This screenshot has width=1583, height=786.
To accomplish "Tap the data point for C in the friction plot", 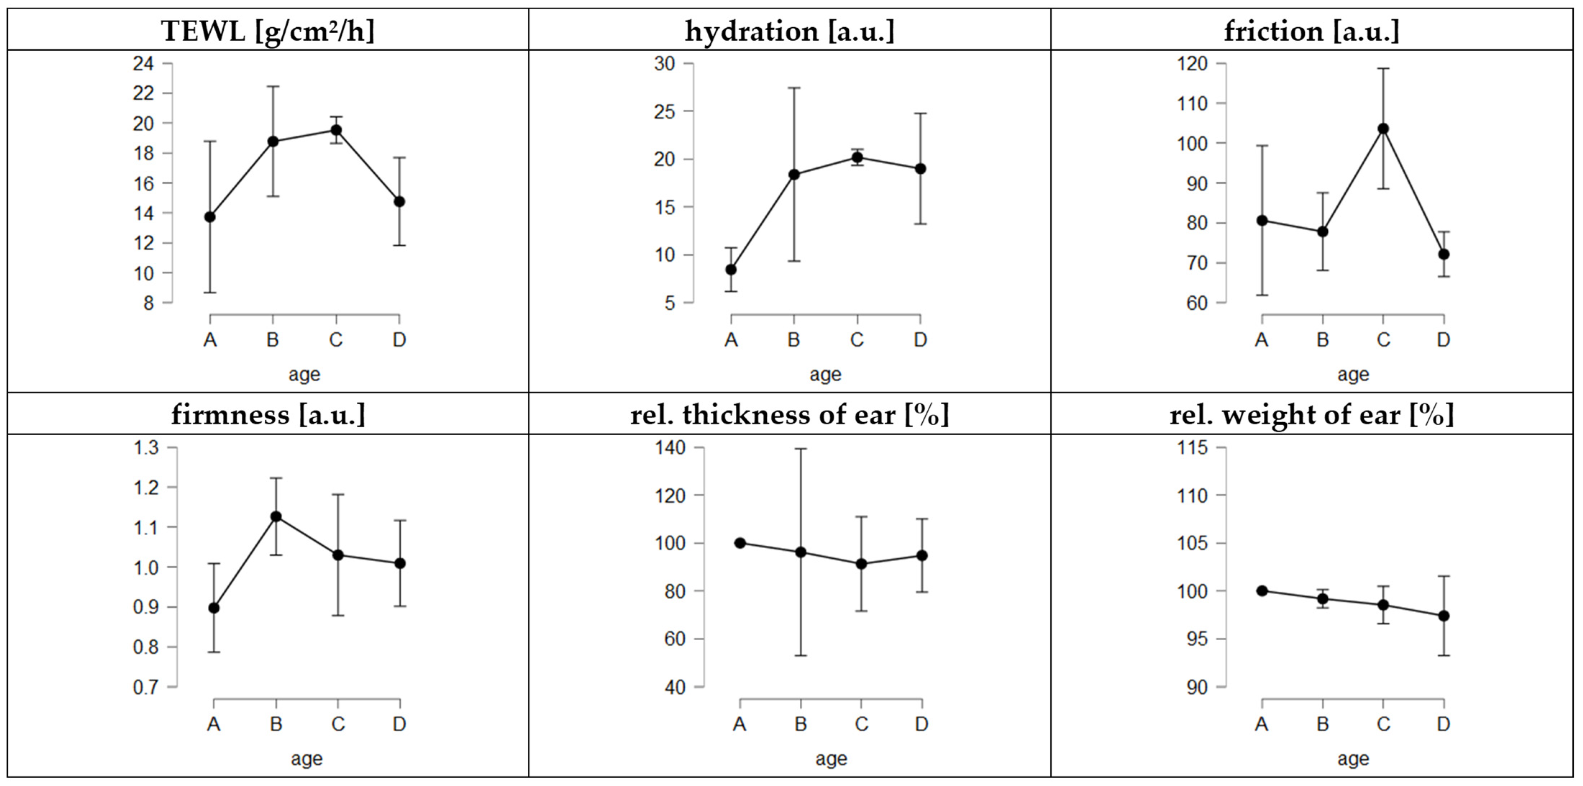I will click(x=1383, y=128).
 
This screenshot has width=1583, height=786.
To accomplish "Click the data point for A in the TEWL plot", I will click(x=210, y=217).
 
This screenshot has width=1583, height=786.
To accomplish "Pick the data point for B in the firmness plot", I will click(x=276, y=516).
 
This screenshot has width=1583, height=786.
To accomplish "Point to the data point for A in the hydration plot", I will click(x=731, y=269).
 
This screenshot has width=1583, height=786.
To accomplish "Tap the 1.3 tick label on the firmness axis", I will click(x=146, y=447).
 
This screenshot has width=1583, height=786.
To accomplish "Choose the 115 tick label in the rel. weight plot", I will click(x=1192, y=447).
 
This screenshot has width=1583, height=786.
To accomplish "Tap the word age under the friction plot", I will click(x=1353, y=374).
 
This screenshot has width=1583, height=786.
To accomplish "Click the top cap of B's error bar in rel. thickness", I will click(x=801, y=449).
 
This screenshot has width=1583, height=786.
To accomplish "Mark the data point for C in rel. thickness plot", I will click(x=862, y=564).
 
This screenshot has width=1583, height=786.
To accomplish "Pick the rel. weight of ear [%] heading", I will click(x=1311, y=415).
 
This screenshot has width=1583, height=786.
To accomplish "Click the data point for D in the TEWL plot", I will click(x=400, y=201).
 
